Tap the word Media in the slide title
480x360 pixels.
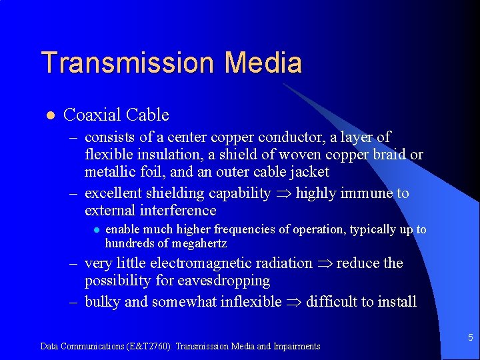tap(263, 63)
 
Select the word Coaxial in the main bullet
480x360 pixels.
tap(90, 115)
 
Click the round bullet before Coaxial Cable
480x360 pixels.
tap(49, 115)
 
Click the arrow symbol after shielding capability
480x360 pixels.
tap(283, 194)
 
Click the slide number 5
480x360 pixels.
tap(470, 338)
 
